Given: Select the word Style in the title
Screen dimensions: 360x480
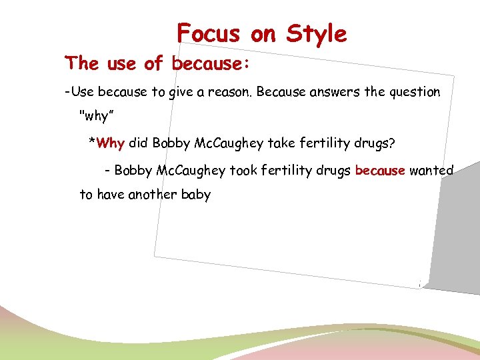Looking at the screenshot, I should point(317,33).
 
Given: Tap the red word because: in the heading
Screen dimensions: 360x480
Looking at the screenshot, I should point(211,64).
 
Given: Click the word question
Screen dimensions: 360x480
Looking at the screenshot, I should point(413,92).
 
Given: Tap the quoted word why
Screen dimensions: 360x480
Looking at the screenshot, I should point(94,116).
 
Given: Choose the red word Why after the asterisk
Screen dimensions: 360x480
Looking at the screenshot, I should point(110,143).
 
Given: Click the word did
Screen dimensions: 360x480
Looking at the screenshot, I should point(139,143).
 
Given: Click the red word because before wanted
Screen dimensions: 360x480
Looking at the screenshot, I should point(380,171).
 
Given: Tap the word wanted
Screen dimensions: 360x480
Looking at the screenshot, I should point(431,171).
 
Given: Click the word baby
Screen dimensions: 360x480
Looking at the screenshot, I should point(197,195).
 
